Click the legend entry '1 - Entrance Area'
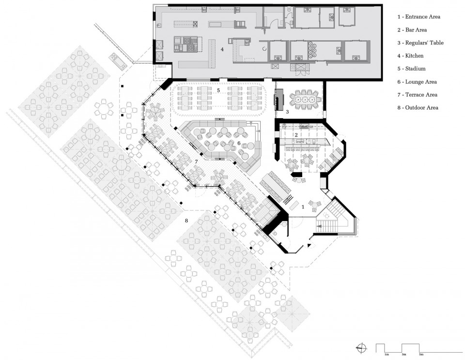(418, 17)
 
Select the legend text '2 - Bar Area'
(412, 30)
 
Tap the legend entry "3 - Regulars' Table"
(420, 43)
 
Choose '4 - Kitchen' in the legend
(410, 56)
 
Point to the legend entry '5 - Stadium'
(411, 69)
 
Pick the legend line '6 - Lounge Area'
(417, 82)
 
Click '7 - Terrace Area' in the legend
(417, 95)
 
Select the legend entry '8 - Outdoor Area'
(418, 108)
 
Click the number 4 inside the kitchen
(222, 49)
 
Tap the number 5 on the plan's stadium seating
(218, 90)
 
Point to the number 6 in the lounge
(239, 143)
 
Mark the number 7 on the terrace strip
(196, 162)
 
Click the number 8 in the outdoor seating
(186, 221)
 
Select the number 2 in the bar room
(296, 135)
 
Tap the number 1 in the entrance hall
(303, 207)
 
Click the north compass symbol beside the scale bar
(362, 348)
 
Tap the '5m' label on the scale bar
(421, 354)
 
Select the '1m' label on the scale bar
(387, 354)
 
